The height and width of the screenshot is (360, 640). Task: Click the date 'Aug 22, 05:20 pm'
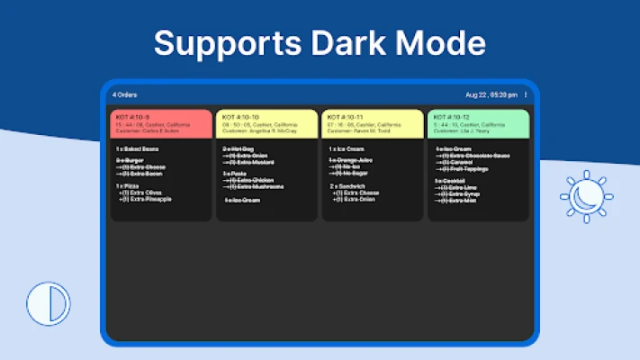tap(491, 94)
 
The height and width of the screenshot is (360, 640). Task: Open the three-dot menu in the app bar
tap(526, 94)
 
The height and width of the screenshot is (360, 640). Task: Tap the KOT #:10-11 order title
tap(345, 117)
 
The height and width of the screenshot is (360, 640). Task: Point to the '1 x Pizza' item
tap(127, 185)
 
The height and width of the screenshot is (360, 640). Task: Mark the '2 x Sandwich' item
tap(345, 185)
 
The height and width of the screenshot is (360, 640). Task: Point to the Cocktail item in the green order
tap(449, 179)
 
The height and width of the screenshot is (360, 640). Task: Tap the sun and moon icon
tap(586, 197)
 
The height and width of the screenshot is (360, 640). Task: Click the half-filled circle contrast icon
tap(48, 303)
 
